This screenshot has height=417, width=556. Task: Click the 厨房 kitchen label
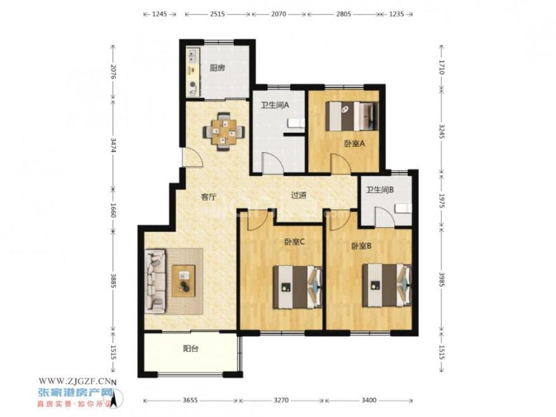(x=217, y=68)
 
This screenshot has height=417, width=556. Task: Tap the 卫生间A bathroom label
(x=275, y=105)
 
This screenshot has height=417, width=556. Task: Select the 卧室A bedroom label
(x=354, y=144)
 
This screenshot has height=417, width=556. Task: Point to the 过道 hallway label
(x=299, y=196)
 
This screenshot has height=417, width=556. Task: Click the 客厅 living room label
(x=208, y=197)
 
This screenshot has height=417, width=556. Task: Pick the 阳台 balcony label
(x=191, y=349)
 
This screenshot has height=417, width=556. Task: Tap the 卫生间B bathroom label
(x=380, y=190)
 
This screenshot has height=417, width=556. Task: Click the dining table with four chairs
(x=224, y=132)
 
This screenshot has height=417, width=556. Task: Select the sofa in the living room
(x=155, y=281)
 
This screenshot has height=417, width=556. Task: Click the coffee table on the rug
(x=183, y=281)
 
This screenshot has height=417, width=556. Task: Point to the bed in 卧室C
(x=298, y=287)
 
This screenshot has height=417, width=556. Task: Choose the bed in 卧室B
(x=387, y=285)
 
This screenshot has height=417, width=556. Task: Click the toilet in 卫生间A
(x=296, y=123)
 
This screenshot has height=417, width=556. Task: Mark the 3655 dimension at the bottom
(x=191, y=401)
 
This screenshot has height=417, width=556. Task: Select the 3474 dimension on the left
(x=114, y=145)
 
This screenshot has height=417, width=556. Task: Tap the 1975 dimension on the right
(x=442, y=201)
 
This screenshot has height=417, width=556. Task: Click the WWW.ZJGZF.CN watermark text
(x=75, y=382)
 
